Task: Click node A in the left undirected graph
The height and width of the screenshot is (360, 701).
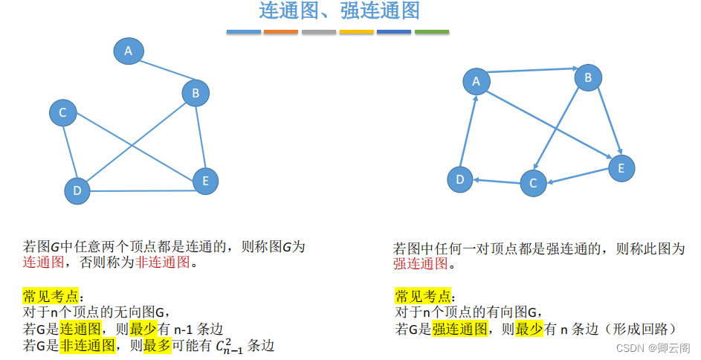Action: tap(129, 51)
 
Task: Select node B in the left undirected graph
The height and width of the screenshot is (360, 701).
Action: tap(196, 93)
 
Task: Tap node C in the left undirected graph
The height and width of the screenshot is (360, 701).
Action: tap(63, 113)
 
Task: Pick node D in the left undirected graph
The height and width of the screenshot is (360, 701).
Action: tap(77, 190)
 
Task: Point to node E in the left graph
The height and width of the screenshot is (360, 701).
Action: tap(205, 180)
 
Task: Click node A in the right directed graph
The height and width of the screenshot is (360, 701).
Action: tap(477, 82)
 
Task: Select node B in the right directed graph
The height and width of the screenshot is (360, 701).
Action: tap(588, 77)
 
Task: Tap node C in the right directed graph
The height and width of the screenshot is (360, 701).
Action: tap(533, 183)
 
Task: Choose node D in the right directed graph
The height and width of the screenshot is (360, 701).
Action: tap(460, 179)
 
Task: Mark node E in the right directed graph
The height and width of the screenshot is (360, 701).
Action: tap(621, 168)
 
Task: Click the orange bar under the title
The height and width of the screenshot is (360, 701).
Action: tap(281, 32)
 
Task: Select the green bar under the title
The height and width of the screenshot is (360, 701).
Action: tap(432, 32)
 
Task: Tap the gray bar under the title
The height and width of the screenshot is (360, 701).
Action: tap(319, 32)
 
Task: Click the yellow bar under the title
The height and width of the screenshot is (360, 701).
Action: tap(357, 32)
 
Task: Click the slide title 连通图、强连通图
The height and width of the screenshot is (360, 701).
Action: tap(340, 11)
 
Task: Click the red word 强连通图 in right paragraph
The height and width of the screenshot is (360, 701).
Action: tap(421, 264)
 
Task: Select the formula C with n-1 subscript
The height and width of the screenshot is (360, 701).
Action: tap(230, 347)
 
